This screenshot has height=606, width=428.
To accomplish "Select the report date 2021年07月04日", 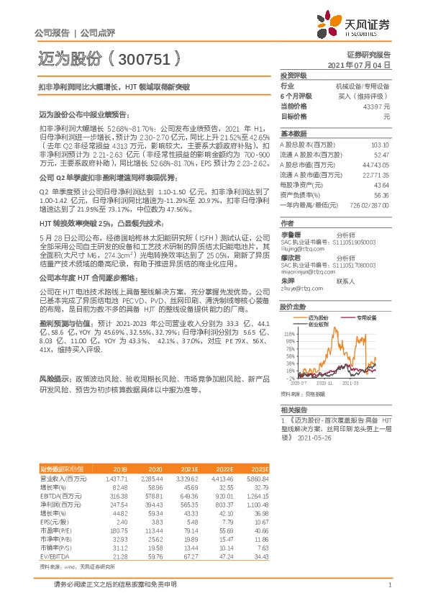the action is pos(359,65).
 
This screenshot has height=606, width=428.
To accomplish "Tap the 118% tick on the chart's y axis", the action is pos(288,334).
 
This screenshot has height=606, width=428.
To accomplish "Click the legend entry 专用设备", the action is pos(368,317).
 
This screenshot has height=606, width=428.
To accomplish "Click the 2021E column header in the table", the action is pos(189,469).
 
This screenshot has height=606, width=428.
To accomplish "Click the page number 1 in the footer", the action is pos(388,584).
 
